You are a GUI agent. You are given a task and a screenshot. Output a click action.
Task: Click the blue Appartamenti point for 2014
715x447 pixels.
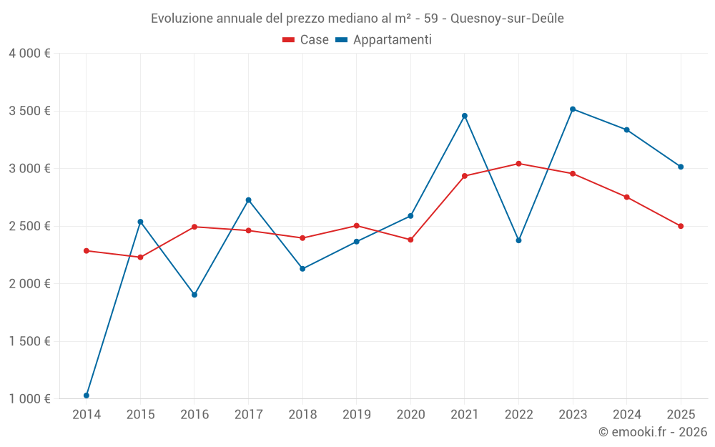[x=87, y=396]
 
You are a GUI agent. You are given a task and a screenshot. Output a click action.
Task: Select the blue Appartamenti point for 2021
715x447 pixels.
[x=465, y=116]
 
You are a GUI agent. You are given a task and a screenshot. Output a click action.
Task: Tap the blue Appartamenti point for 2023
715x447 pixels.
[x=573, y=109]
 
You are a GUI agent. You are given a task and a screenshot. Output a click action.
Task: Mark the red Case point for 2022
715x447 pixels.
[x=519, y=164]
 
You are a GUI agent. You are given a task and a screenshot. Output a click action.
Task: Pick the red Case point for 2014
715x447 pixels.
[x=87, y=251]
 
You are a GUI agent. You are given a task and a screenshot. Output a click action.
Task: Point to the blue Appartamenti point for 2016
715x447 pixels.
[x=194, y=295]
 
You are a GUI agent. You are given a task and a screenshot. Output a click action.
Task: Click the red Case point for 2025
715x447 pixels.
[x=681, y=226]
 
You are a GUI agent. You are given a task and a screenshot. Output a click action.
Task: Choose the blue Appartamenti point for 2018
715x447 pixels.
[x=302, y=269]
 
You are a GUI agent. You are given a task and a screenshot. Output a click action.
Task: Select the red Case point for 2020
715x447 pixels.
[x=410, y=240]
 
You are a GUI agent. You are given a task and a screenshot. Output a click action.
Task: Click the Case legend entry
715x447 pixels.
[x=306, y=40]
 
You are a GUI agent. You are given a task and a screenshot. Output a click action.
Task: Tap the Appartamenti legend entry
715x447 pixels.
[x=384, y=40]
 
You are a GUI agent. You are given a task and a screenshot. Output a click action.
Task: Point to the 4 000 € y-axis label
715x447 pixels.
[x=29, y=54]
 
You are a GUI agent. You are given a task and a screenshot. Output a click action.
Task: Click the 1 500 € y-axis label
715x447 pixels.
[x=29, y=341]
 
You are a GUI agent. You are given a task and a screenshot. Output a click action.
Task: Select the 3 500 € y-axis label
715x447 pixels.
[x=29, y=111]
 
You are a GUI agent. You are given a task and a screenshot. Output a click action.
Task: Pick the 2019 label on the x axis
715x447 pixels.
[x=356, y=414]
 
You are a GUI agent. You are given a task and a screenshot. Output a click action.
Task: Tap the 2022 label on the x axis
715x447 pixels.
[x=518, y=414]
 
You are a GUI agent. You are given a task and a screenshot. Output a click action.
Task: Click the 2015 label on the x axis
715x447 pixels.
[x=140, y=414]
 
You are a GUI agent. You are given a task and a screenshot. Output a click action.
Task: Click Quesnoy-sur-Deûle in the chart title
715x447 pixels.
[x=507, y=19]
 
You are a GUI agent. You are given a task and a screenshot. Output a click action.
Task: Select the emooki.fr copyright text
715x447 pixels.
[x=653, y=432]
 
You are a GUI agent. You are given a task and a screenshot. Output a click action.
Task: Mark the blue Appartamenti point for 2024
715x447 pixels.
[x=627, y=130]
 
